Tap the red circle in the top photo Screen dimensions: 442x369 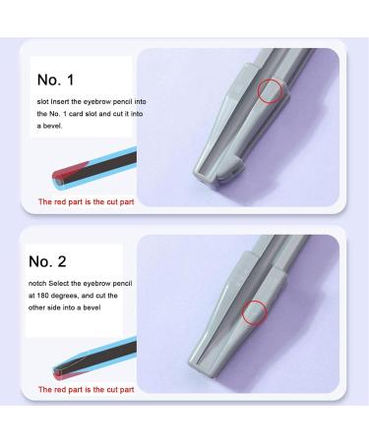268,92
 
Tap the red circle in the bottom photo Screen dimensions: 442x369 254,311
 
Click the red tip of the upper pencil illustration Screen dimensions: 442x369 59,180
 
